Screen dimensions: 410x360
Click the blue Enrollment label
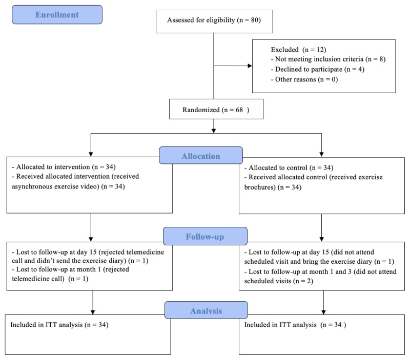coord(57,15)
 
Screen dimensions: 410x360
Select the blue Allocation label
coord(201,156)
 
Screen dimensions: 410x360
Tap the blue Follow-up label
coord(205,236)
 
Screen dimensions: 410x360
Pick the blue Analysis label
coord(206,310)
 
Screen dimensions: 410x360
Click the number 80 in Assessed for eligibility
coord(255,20)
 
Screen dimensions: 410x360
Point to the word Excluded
coord(284,50)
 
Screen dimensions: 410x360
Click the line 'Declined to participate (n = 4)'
coord(317,69)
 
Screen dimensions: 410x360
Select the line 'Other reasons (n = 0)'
coord(304,79)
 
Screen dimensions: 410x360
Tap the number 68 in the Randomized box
coord(239,110)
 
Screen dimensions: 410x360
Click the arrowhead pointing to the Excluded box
coord(250,66)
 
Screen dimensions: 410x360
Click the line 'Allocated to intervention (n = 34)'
coord(64,167)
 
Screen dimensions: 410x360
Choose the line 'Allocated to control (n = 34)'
coord(289,168)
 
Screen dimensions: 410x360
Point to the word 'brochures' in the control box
coord(260,187)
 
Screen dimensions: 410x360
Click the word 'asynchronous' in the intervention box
coord(32,186)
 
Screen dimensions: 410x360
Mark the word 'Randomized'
coord(201,110)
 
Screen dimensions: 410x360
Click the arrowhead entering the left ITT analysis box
coord(93,312)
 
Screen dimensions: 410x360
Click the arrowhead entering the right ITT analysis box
coord(323,312)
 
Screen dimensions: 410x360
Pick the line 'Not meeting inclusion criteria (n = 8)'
coord(328,59)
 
